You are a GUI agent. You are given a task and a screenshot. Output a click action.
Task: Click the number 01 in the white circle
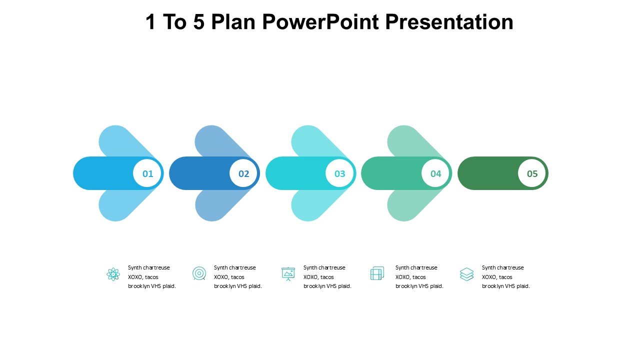(x=147, y=173)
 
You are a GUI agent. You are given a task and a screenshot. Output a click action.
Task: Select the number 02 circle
(x=243, y=173)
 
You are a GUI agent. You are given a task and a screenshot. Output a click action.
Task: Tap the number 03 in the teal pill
(x=339, y=173)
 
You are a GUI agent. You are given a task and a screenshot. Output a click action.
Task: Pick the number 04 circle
(x=435, y=173)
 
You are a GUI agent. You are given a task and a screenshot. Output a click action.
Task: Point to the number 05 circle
(x=531, y=173)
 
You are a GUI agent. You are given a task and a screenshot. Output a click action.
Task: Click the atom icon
(x=113, y=274)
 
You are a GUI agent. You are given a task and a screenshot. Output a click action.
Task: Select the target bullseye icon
(x=199, y=273)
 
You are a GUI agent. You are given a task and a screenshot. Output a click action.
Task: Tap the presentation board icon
(x=288, y=274)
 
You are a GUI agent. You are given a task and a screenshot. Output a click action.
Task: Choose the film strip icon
(x=377, y=273)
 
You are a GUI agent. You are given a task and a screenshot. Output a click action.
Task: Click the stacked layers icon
(x=466, y=274)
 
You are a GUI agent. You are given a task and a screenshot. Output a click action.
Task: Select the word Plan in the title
(x=233, y=22)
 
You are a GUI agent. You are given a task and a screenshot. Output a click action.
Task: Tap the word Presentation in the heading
(x=449, y=22)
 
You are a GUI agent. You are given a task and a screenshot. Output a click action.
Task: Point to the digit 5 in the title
(x=199, y=22)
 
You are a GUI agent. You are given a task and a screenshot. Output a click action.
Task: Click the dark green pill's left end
(x=459, y=173)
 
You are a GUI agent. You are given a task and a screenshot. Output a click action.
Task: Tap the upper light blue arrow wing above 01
(x=125, y=141)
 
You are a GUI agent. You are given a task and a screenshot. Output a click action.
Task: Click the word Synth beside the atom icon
(x=134, y=267)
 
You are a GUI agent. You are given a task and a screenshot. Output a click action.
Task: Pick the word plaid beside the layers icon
(x=522, y=286)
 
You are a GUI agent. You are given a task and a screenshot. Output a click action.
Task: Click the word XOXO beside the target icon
(x=221, y=277)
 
